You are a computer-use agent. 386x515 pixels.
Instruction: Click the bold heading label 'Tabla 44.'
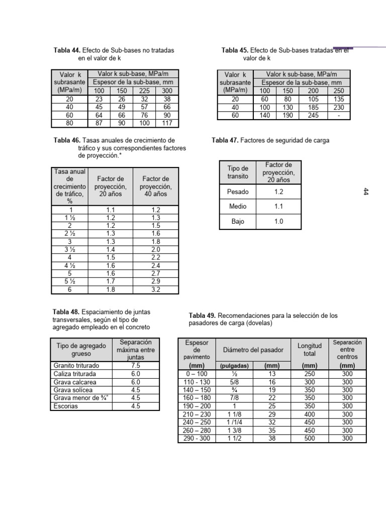pyautogui.click(x=66, y=51)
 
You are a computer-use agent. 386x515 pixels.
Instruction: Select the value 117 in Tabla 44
pyautogui.click(x=167, y=123)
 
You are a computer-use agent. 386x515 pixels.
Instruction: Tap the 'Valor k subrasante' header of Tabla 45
pyautogui.click(x=235, y=82)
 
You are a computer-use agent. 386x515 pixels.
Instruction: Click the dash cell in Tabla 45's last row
pyautogui.click(x=339, y=115)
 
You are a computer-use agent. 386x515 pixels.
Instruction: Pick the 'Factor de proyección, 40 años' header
pyautogui.click(x=155, y=186)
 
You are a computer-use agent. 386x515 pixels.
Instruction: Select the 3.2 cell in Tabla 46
pyautogui.click(x=155, y=290)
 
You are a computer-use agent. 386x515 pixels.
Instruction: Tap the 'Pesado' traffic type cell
pyautogui.click(x=238, y=192)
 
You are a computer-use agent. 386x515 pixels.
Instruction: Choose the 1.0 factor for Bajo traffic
pyautogui.click(x=278, y=221)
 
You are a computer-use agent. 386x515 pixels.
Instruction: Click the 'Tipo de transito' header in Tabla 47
pyautogui.click(x=238, y=172)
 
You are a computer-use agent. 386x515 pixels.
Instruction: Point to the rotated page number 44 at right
pyautogui.click(x=365, y=192)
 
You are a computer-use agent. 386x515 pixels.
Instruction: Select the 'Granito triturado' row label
pyautogui.click(x=76, y=366)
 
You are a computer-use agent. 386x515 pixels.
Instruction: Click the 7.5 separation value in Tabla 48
pyautogui.click(x=135, y=366)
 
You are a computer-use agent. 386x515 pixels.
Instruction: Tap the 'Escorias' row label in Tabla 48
pyautogui.click(x=65, y=406)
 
